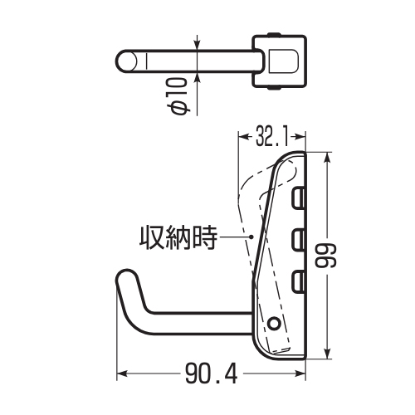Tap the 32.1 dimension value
point(272,136)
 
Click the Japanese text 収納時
point(178,237)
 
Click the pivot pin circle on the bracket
point(274,323)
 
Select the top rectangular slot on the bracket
point(299,198)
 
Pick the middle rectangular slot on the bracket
point(299,240)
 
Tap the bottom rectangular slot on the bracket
point(299,282)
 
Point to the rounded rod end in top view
point(126,61)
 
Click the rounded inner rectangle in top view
point(283,61)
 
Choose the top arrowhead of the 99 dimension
point(328,158)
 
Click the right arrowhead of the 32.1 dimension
point(300,136)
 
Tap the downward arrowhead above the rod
point(197,46)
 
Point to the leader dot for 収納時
point(251,237)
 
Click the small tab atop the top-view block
point(275,34)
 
